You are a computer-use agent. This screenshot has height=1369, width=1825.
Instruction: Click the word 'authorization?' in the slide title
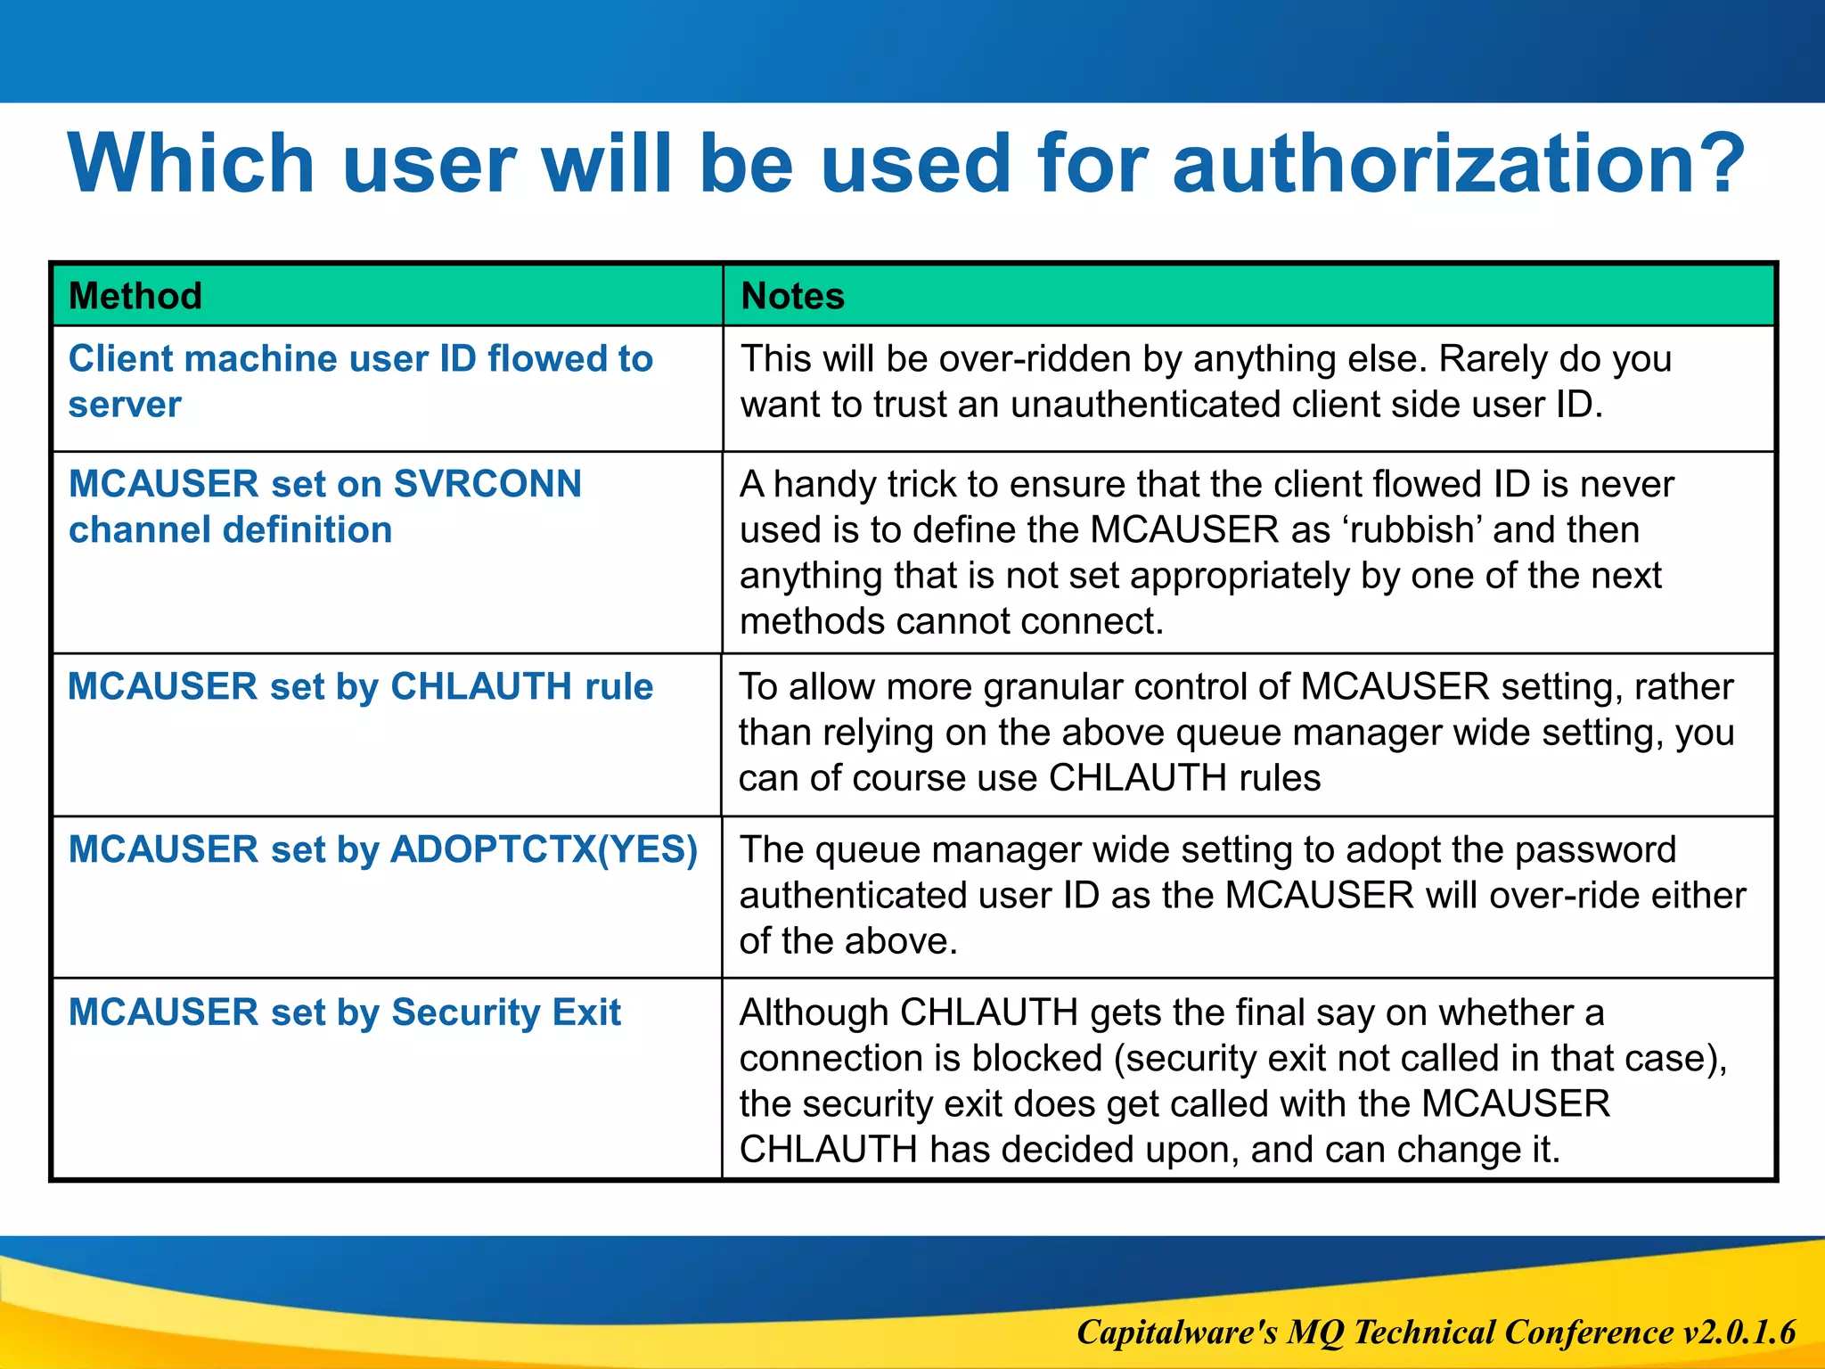(x=1458, y=163)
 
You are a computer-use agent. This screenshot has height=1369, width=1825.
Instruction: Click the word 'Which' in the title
(x=191, y=163)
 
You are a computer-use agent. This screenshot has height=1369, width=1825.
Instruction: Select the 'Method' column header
(x=135, y=296)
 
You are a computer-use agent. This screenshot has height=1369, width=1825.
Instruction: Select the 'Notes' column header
(x=792, y=296)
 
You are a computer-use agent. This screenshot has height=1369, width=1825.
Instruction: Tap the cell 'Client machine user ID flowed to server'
(x=360, y=381)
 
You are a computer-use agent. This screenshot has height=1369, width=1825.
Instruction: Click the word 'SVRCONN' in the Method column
(x=487, y=484)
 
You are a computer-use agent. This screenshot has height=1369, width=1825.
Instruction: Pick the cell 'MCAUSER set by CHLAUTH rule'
(x=360, y=687)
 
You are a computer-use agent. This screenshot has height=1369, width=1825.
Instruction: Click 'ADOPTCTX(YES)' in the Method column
(x=544, y=849)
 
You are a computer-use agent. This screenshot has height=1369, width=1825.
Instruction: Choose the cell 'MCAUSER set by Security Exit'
(x=344, y=1012)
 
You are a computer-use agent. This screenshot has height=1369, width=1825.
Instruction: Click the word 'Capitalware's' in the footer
(x=1177, y=1332)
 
